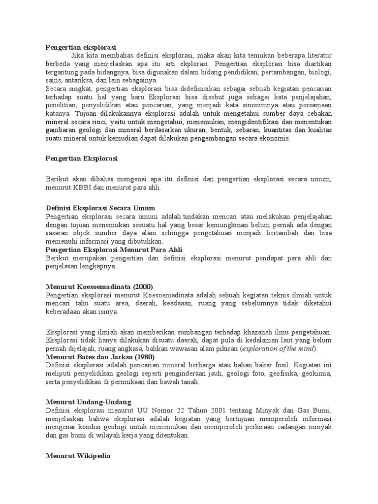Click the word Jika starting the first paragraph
coord(78,56)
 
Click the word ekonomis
coord(277,139)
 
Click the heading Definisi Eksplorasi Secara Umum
coord(100,208)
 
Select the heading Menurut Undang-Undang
coord(88,402)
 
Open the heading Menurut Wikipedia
coord(78,456)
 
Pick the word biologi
coord(319,72)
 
